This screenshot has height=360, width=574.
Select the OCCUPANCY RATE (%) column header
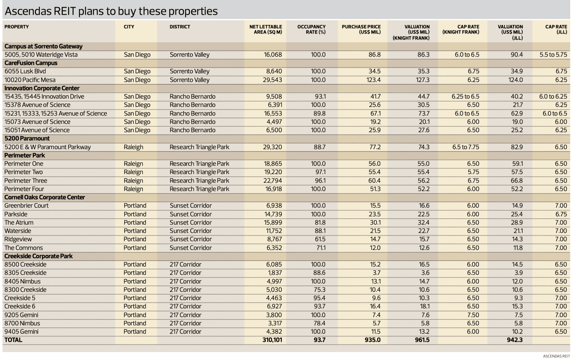click(311, 29)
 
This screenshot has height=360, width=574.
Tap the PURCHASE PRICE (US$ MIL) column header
click(361, 29)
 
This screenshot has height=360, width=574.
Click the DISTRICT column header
click(180, 27)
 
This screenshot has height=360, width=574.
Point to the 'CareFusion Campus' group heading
click(31, 63)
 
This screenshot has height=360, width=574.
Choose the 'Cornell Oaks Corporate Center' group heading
click(45, 197)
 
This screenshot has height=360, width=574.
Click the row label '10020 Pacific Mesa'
click(30, 80)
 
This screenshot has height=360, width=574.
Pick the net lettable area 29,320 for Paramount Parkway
click(272, 147)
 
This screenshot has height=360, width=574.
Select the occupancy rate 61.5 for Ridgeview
click(319, 239)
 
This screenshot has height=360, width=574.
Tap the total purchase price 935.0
click(372, 340)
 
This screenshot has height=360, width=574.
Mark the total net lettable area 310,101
click(272, 340)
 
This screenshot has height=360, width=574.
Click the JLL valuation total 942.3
click(515, 340)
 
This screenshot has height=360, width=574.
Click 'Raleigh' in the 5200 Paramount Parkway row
click(133, 147)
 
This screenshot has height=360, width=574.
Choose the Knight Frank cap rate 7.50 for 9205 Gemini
click(473, 315)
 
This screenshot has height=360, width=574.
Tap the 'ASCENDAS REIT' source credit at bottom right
click(556, 356)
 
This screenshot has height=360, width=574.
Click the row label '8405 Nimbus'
click(22, 282)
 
